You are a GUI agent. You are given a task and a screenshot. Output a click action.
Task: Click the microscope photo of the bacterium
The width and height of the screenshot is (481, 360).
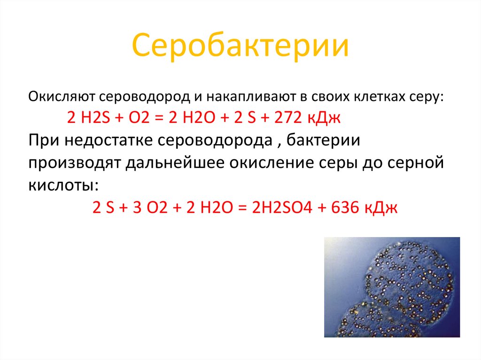coord(392,287)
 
